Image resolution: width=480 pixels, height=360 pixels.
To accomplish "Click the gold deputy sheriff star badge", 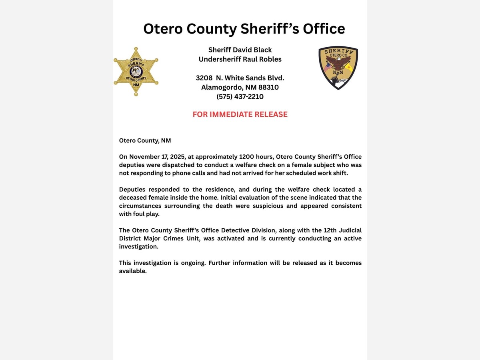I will click(136, 72).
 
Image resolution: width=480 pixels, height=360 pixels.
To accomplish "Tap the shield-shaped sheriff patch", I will click(338, 68).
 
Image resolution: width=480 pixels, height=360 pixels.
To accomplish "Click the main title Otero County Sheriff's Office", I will click(244, 29).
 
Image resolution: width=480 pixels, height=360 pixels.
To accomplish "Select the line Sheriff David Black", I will click(240, 50).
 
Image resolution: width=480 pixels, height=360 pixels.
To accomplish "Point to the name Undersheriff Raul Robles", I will click(240, 60).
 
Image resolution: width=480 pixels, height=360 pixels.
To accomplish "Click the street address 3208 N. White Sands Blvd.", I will click(240, 78).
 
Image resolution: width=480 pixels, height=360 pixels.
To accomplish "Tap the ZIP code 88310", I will click(269, 87).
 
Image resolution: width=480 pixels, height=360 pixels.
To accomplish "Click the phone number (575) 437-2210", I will click(240, 97).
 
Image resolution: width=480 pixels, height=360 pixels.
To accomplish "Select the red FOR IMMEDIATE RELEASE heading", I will click(240, 114).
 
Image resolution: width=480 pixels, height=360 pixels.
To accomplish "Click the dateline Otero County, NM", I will click(145, 141).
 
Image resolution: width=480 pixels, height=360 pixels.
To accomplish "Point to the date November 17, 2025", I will click(154, 157).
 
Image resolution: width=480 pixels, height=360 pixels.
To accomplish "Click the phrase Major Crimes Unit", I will click(178, 238).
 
